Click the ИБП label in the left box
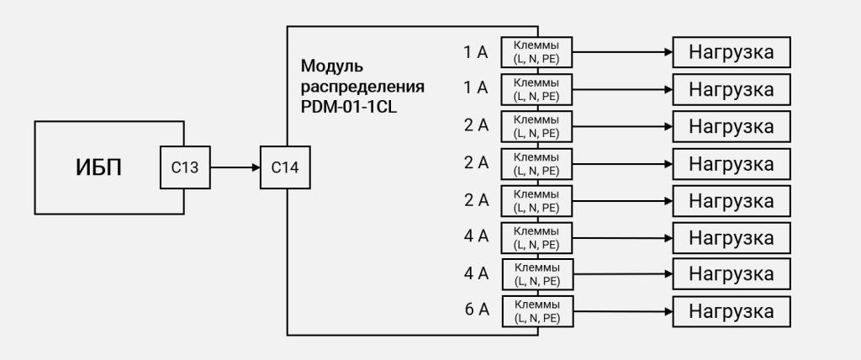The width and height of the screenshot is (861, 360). point(98,168)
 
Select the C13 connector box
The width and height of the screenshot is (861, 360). point(185,167)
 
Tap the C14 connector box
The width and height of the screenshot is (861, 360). point(285,167)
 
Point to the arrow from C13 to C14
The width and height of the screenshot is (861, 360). point(235,167)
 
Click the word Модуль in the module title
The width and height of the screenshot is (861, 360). point(332,67)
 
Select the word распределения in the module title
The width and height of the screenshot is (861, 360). point(362,87)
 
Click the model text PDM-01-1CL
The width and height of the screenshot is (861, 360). point(349,107)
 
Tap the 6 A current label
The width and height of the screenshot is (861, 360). point(477,310)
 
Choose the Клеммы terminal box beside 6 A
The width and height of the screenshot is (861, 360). point(538,311)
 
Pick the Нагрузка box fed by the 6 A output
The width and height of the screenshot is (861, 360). point(732,311)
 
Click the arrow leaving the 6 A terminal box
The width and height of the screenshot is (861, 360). point(623,311)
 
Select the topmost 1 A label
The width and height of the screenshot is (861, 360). point(476,52)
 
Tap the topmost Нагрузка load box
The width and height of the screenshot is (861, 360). point(732,52)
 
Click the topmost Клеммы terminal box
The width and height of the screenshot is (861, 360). point(536,52)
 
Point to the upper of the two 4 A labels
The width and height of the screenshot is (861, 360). point(476,237)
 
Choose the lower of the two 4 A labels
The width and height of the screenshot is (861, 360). point(476,273)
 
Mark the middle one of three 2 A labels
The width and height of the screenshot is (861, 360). point(476,162)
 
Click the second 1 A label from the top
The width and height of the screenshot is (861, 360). point(476,88)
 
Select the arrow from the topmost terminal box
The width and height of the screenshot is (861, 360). point(623,52)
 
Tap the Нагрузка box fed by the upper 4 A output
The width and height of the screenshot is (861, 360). point(732,238)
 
